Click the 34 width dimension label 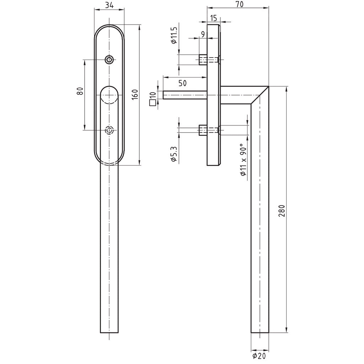tap(109, 5)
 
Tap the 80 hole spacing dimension tap(80, 91)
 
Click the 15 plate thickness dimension tap(214, 18)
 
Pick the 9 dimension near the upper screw tap(203, 34)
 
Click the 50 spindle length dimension tap(182, 84)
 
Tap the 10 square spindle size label tap(153, 95)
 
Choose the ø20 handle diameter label tap(260, 355)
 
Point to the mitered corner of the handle tap(260, 95)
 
